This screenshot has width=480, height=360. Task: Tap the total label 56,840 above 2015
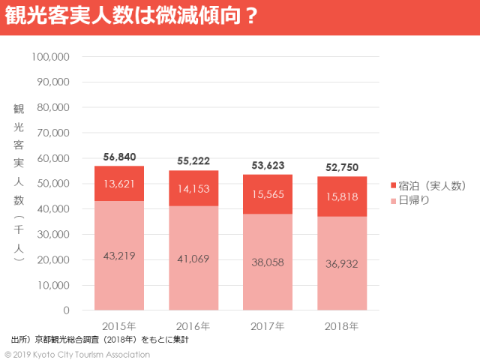pos(119,157)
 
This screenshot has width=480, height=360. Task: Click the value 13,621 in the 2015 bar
pos(119,184)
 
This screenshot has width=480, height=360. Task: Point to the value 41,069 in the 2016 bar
pos(193,258)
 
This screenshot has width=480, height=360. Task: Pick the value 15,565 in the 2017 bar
pos(268,193)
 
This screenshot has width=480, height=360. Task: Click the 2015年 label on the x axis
pos(119,326)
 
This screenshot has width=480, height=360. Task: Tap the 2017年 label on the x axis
pos(268,326)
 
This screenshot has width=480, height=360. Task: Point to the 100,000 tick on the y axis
pos(52,56)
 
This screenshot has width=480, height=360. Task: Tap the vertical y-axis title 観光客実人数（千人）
pos(19,183)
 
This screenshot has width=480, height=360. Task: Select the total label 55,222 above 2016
pos(193,160)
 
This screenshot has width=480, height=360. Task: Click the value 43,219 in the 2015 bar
pos(119,256)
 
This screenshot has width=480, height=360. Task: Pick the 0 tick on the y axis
pos(66,310)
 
